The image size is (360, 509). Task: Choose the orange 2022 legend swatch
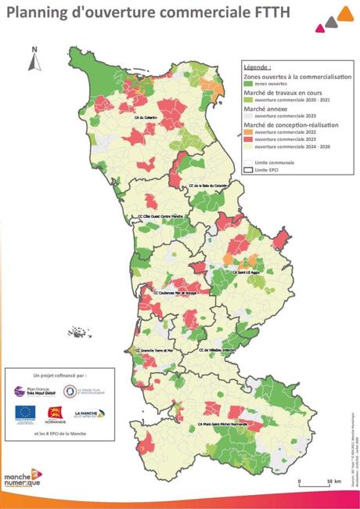coord(249,131)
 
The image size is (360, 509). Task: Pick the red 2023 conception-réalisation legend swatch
coord(249,139)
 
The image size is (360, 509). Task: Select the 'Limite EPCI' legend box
coord(249,168)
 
